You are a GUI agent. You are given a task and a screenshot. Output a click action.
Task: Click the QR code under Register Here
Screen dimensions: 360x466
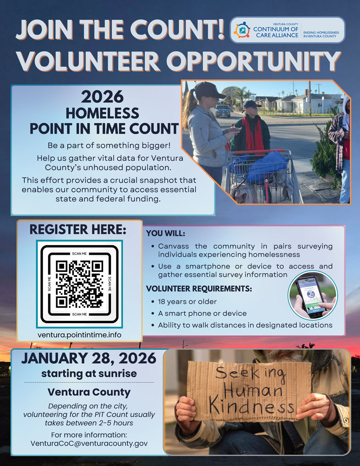pos(79,284)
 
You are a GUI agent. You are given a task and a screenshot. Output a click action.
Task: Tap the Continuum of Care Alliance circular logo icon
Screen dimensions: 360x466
pos(242,30)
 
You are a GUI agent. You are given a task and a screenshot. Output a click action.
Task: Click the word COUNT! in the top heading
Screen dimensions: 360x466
pos(178,30)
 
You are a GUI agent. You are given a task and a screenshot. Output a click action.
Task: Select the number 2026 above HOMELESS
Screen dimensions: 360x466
pos(102,97)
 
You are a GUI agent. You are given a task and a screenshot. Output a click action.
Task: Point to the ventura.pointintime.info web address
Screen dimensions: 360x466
pos(79,335)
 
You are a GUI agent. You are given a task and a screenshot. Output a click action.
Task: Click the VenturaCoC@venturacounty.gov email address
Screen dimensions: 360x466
pos(89,444)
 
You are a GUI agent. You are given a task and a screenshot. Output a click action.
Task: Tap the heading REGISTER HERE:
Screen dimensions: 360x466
pos(78,230)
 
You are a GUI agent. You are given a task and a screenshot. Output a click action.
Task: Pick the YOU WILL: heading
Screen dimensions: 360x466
pos(166,234)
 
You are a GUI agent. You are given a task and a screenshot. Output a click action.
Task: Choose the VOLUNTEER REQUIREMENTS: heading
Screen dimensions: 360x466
pos(199,288)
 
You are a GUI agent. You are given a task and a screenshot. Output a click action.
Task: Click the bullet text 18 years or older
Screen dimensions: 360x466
pos(187,302)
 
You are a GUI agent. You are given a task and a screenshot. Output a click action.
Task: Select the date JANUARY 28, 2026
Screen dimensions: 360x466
pos(88,358)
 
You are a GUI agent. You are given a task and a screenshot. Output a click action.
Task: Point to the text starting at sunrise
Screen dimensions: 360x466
pos(89,374)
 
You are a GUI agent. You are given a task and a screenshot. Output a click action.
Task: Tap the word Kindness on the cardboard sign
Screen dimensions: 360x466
pos(252,406)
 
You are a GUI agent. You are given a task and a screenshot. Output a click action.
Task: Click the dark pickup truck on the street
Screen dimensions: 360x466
pos(222,111)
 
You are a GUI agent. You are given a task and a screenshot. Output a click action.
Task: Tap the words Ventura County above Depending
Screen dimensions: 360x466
pos(89,392)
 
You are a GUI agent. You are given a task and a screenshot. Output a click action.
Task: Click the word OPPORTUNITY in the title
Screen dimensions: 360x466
pos(253,61)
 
